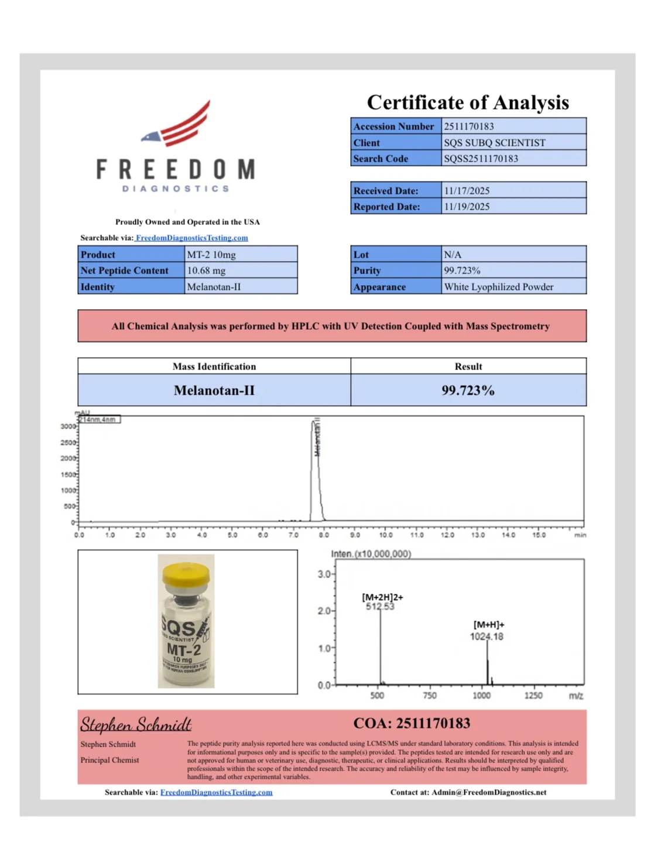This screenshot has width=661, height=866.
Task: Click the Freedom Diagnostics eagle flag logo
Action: click(x=177, y=124)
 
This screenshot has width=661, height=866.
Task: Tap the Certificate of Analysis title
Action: click(x=467, y=102)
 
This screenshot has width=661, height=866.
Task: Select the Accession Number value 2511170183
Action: click(x=468, y=126)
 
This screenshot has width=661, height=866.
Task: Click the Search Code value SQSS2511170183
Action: click(x=480, y=159)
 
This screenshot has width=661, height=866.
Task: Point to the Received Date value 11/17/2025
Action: click(x=466, y=191)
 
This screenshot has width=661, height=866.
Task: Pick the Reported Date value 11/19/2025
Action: click(x=466, y=207)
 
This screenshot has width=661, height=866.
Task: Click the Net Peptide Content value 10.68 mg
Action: click(x=206, y=271)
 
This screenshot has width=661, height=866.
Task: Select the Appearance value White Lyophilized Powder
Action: click(x=498, y=287)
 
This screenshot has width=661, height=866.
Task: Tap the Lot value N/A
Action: click(x=452, y=255)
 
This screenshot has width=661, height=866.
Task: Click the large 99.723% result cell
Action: click(x=468, y=391)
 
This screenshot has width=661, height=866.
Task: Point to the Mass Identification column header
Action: click(x=214, y=367)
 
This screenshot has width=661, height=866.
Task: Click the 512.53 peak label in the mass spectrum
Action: click(x=380, y=607)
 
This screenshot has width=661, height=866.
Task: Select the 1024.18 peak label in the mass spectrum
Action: click(x=486, y=636)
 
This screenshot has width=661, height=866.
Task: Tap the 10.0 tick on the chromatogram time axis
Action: click(x=385, y=535)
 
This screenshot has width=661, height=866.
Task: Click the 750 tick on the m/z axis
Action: click(x=429, y=696)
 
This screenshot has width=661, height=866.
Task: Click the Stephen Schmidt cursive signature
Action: click(x=136, y=725)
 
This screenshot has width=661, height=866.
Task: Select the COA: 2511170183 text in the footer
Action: click(x=411, y=724)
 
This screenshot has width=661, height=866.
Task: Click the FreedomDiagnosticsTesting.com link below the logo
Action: click(x=191, y=238)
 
